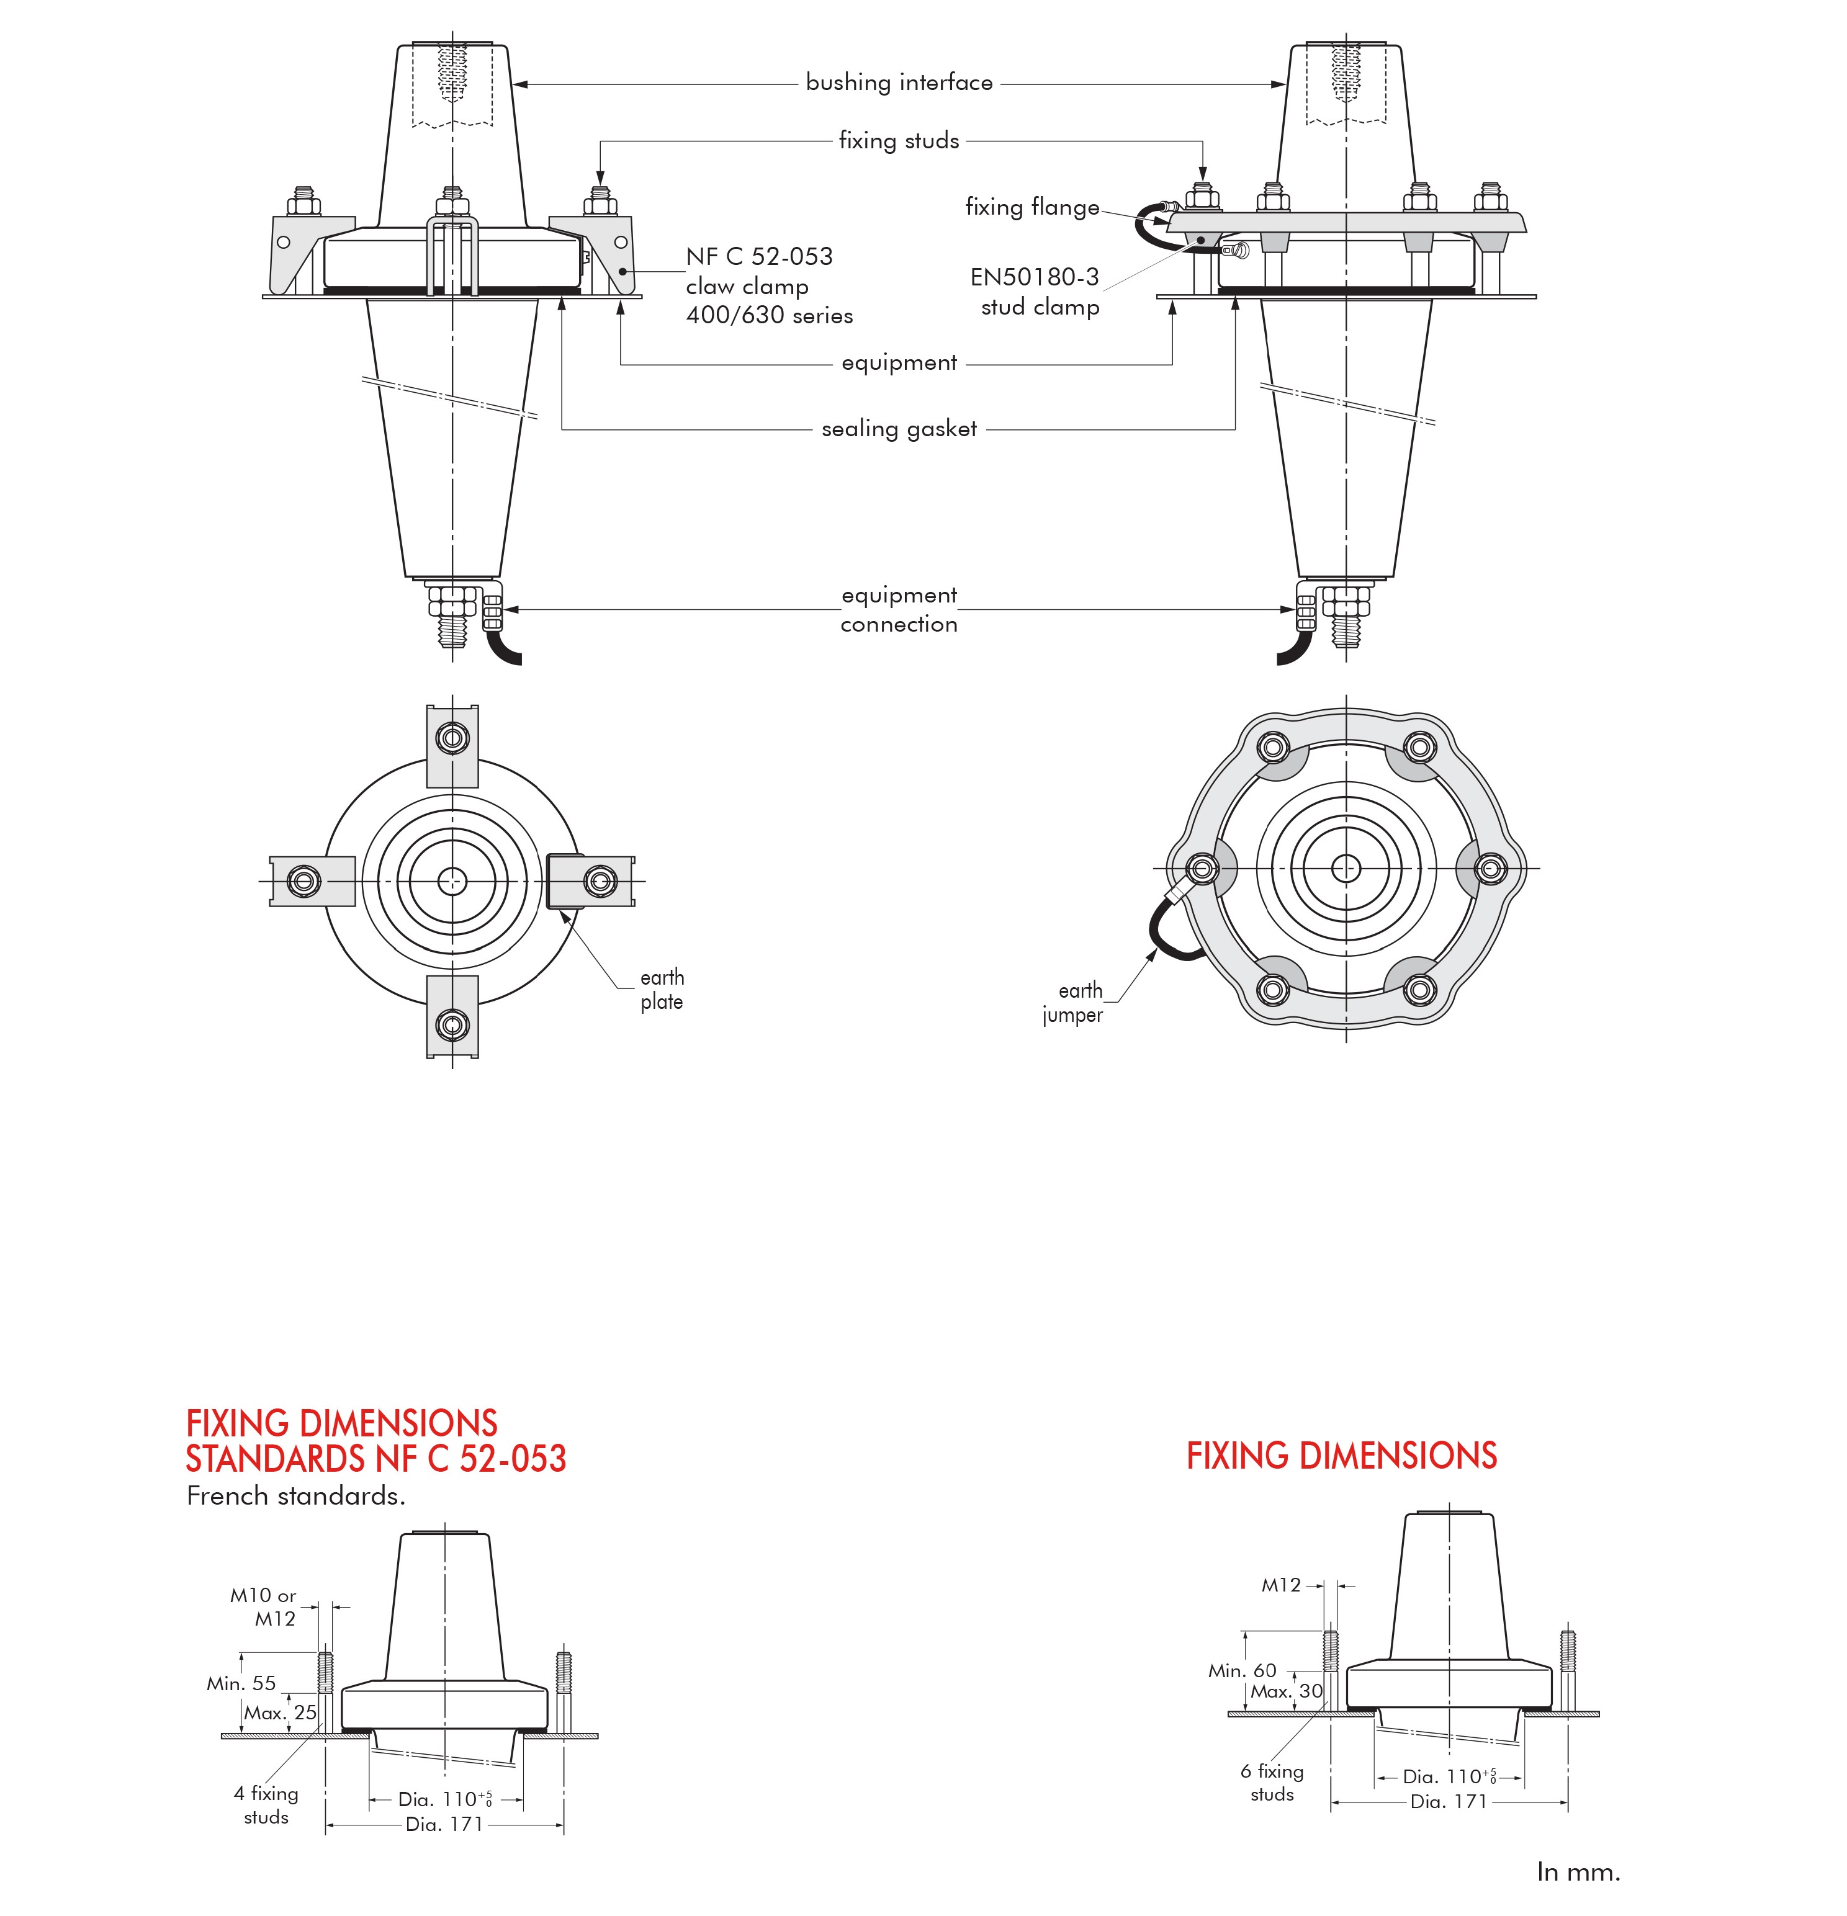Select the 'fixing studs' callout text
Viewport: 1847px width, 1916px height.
899,141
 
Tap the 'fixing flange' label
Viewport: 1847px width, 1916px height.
1031,207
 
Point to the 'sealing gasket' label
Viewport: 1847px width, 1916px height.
899,429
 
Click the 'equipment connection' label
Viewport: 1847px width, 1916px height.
899,610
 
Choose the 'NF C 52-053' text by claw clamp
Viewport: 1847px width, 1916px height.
759,257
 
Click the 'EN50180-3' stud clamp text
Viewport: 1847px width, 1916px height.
1035,277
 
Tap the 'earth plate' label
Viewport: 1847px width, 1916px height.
662,989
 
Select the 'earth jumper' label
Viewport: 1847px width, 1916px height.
1074,1003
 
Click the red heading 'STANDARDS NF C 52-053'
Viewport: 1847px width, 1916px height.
375,1459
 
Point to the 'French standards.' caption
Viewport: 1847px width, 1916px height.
295,1497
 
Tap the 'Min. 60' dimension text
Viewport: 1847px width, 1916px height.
1242,1671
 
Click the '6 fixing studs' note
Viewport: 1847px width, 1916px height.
1272,1782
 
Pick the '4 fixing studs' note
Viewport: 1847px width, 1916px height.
266,1804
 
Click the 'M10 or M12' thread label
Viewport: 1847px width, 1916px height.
264,1607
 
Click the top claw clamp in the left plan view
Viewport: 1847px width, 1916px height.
452,745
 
